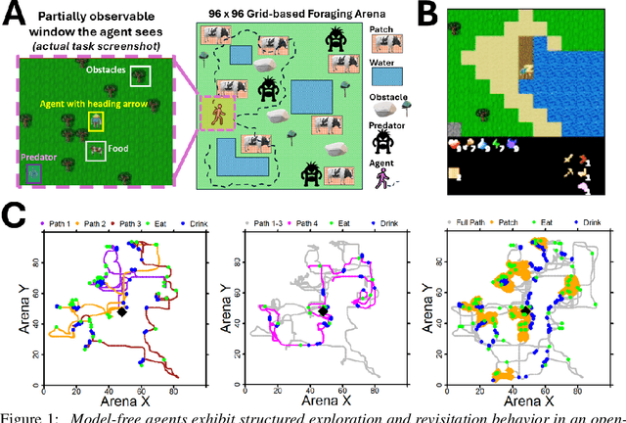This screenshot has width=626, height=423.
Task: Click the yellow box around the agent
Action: [x=96, y=120]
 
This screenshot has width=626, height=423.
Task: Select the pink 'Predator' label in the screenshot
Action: [x=38, y=156]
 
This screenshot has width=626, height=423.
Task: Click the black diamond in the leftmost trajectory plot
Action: [x=121, y=311]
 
